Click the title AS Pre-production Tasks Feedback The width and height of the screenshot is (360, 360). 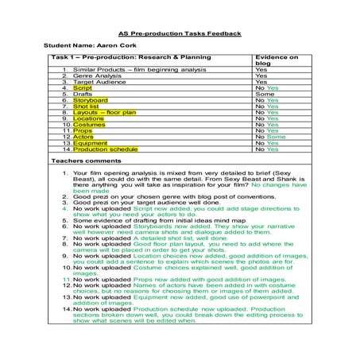coord(179,34)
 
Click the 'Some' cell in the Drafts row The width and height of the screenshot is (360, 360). coord(264,94)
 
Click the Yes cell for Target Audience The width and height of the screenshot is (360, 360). coord(261,82)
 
